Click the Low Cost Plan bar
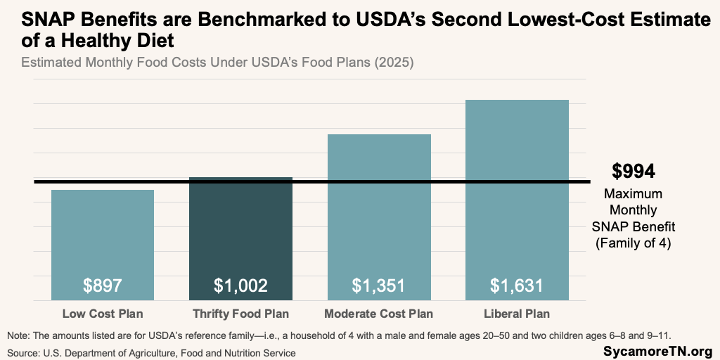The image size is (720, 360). pos(103,239)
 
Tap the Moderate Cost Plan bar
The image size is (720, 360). pos(379,211)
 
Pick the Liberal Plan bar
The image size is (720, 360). pos(517,197)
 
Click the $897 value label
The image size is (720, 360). pos(103,286)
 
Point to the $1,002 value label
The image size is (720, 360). pos(240,286)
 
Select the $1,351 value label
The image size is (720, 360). pos(379,286)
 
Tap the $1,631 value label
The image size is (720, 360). pos(517,286)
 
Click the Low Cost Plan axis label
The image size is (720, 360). pos(103,314)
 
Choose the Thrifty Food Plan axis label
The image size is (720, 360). pos(240,314)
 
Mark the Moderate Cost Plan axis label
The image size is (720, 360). pos(379,314)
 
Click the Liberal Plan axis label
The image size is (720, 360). pos(517,314)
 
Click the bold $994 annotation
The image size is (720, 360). pos(633,172)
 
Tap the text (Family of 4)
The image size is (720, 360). pos(634,244)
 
